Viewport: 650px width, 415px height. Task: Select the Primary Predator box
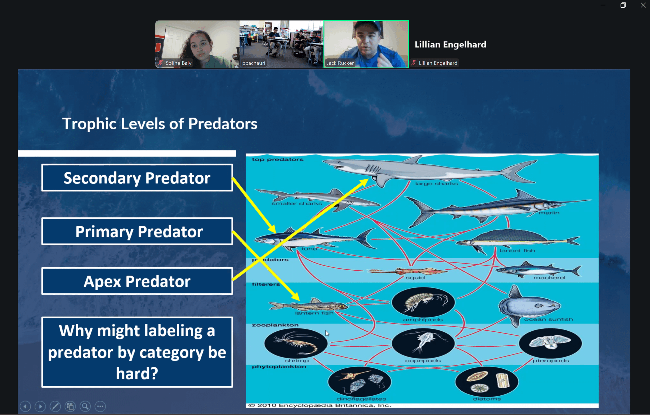coord(137,231)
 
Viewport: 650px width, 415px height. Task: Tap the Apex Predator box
coord(137,281)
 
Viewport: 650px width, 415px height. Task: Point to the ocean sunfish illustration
coord(529,305)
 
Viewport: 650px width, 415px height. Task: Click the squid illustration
coord(408,271)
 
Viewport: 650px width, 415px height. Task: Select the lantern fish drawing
coord(308,305)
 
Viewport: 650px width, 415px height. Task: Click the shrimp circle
coord(296,343)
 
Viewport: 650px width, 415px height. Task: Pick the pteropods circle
coord(550,343)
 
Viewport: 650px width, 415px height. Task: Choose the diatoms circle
coord(487,381)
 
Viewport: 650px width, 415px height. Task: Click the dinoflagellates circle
coord(360,381)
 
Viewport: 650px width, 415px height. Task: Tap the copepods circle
coord(423,343)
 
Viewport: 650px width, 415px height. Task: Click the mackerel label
coord(549,278)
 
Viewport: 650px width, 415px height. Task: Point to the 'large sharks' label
coord(436,184)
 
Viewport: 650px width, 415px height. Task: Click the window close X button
coord(643,5)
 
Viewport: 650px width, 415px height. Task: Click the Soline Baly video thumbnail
coord(197,44)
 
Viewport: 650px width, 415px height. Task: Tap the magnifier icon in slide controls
coord(85,406)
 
